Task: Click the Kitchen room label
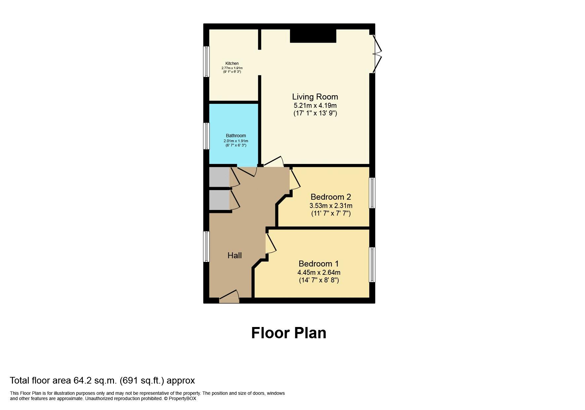point(232,63)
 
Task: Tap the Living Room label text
point(315,97)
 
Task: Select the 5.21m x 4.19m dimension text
point(315,105)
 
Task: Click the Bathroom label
point(236,136)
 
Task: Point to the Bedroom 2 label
point(331,197)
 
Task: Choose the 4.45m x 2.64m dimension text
point(319,273)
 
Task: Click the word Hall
point(235,255)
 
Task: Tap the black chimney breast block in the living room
point(313,36)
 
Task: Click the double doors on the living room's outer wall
point(377,54)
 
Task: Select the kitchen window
point(206,61)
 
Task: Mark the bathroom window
point(206,136)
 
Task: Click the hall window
point(206,247)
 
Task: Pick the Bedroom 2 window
point(372,193)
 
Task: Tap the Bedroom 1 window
point(372,265)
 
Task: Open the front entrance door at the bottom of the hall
point(229,297)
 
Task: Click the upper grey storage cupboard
point(219,177)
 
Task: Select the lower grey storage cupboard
point(219,200)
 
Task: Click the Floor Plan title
point(289,333)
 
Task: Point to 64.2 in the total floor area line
point(82,381)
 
